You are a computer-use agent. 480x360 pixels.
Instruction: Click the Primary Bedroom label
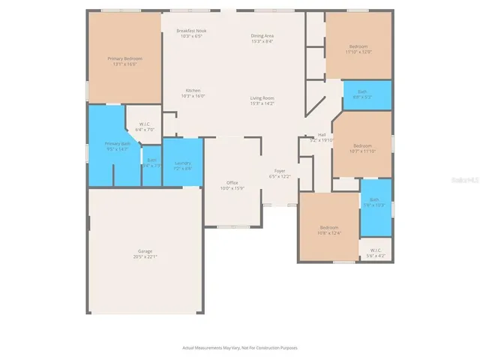click(x=124, y=58)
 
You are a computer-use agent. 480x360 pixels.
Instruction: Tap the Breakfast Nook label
click(x=192, y=31)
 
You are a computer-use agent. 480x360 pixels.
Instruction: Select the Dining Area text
click(x=262, y=36)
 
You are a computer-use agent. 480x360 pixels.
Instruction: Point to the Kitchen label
click(x=193, y=90)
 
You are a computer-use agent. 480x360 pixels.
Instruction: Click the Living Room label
click(x=262, y=98)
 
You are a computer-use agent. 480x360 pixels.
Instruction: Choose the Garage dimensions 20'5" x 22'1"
click(x=145, y=256)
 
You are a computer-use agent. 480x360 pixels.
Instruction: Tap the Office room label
click(x=232, y=183)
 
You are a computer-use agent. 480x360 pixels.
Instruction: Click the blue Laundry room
click(x=183, y=163)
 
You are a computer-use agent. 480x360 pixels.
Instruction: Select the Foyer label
click(x=279, y=171)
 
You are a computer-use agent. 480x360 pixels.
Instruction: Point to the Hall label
click(x=321, y=135)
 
